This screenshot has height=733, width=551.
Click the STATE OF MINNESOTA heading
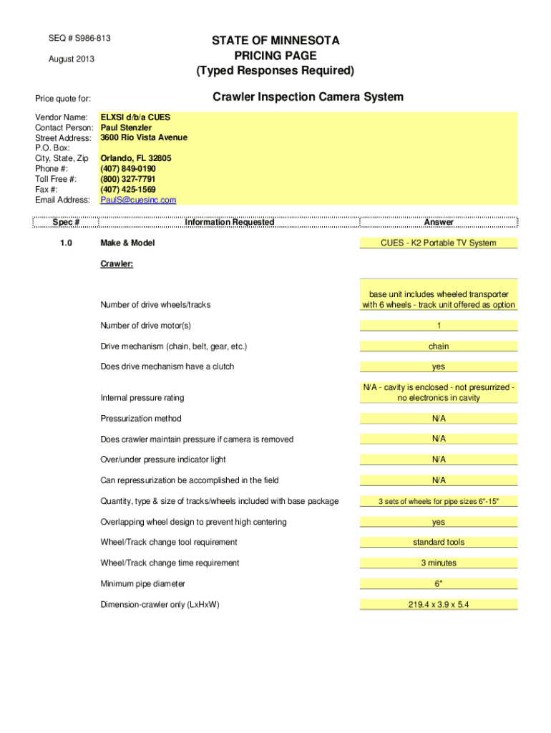pos(275,41)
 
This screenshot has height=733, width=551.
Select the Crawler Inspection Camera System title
pos(308,97)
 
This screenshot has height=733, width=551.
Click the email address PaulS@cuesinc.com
pos(138,200)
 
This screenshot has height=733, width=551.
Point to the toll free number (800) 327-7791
pos(128,179)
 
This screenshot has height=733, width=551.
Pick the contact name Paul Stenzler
pos(126,127)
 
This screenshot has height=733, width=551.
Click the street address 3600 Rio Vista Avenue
pos(144,137)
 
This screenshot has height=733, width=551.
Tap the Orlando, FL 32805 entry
pos(136,158)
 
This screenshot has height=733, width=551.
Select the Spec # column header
pos(66,222)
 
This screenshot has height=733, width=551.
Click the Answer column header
pos(439,222)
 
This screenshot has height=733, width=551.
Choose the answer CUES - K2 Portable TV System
pos(439,243)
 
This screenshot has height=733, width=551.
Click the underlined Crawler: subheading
pos(117,263)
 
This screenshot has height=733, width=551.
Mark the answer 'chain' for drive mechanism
pos(439,346)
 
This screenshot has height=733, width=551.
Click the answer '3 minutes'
pos(439,563)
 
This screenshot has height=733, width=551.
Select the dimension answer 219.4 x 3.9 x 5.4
pos(439,605)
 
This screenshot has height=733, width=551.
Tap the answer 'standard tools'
pos(439,543)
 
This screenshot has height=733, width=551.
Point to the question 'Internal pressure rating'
pos(142,398)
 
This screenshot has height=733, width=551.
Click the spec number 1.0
pos(66,243)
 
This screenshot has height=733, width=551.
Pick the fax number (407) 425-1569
pos(128,189)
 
